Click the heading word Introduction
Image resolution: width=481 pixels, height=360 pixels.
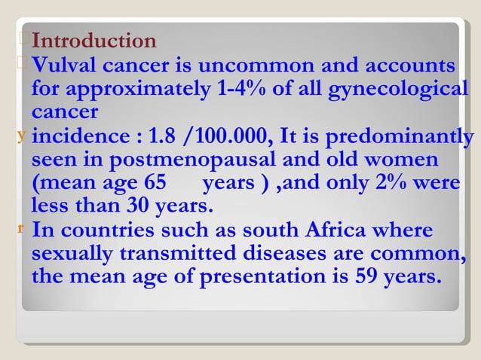coord(94,41)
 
